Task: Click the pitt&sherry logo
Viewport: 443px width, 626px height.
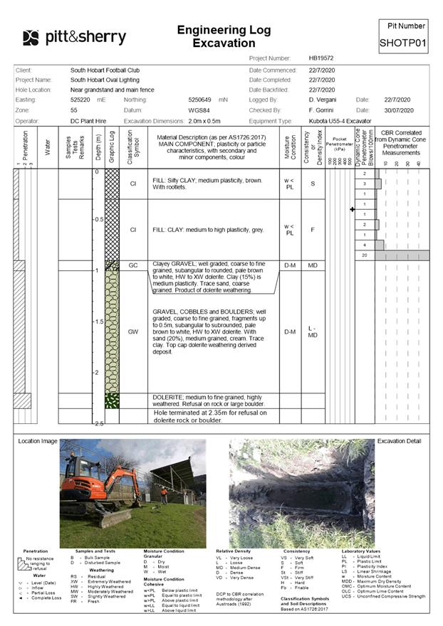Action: click(74, 38)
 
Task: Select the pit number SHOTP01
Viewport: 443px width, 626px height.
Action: click(402, 43)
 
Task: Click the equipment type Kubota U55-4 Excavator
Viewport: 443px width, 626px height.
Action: click(341, 121)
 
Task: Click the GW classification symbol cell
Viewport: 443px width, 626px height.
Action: click(132, 331)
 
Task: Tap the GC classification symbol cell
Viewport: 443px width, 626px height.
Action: click(132, 265)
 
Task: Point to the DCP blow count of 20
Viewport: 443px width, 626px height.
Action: click(365, 255)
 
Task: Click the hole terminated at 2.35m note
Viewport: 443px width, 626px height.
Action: click(210, 416)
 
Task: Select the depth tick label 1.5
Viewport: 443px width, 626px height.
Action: click(99, 322)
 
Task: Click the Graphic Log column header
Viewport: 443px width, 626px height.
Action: click(111, 148)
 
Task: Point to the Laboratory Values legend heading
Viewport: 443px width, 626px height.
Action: click(360, 551)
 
